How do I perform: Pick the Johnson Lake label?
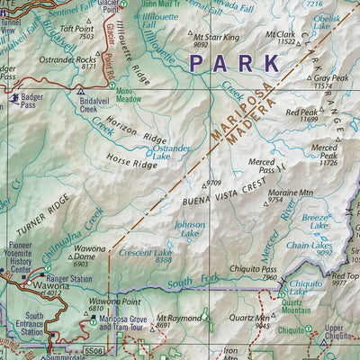click(189, 229)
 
